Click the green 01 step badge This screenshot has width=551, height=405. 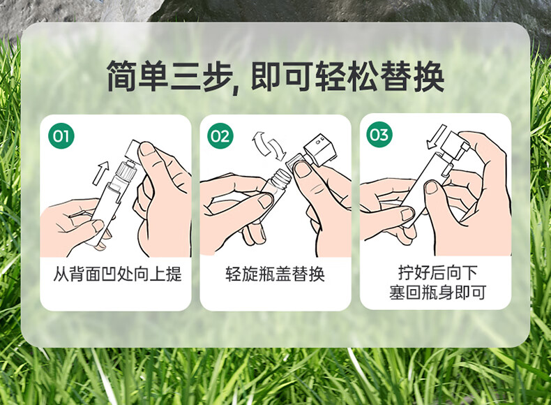(61, 136)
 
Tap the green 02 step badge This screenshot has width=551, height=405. (220, 136)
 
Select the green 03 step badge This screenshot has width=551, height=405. (379, 134)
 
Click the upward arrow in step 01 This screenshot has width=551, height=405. (101, 172)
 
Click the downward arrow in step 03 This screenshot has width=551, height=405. (436, 137)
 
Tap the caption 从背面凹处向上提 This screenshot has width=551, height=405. (117, 274)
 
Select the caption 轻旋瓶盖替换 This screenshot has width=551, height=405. (275, 274)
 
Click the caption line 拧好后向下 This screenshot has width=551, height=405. (437, 272)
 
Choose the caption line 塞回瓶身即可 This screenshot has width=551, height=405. (437, 292)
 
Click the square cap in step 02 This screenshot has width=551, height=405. (319, 149)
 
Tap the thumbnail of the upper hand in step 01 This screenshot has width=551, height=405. (148, 149)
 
